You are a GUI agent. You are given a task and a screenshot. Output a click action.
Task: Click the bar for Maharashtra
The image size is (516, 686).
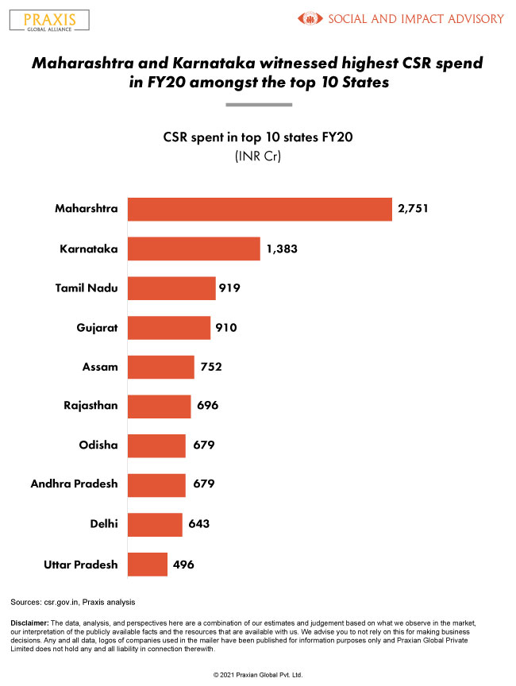260,209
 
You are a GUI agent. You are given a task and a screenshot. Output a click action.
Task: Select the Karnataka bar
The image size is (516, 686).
194,249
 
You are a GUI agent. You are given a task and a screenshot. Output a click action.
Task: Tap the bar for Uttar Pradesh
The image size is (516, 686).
148,565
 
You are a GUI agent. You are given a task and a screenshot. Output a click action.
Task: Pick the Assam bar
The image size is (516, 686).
161,367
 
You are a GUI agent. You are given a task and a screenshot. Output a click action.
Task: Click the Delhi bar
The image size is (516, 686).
155,525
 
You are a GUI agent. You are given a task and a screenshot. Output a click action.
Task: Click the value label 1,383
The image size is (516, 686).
283,249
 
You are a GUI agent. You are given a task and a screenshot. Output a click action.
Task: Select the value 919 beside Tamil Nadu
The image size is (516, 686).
231,288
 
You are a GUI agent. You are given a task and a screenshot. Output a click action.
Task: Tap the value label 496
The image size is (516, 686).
183,565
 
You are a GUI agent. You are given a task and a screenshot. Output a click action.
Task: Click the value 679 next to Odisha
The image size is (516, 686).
203,445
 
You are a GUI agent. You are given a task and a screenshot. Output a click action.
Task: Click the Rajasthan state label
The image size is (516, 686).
90,406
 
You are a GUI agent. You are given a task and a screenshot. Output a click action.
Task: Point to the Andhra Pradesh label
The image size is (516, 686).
74,484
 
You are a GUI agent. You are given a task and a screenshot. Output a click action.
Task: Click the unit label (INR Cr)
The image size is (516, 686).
258,156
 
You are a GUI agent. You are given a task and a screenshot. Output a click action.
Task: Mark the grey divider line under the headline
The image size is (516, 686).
258,105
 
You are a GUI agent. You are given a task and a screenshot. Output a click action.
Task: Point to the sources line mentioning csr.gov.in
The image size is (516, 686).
67,602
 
